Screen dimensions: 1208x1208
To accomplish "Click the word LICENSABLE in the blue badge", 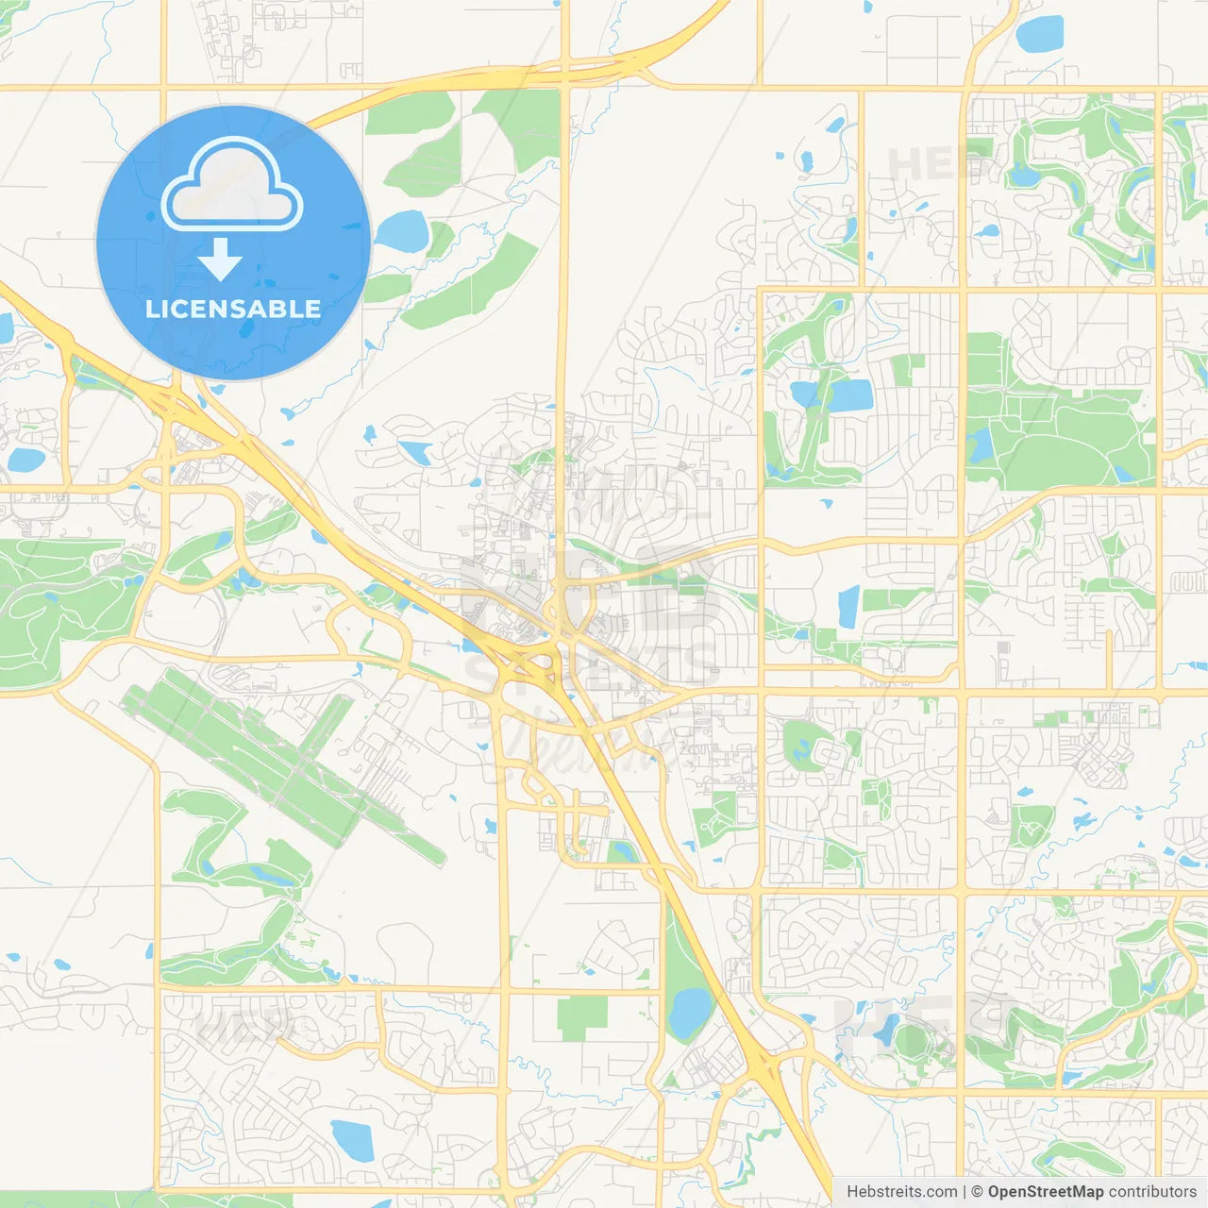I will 233,309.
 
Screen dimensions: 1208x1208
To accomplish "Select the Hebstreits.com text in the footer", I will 901,1192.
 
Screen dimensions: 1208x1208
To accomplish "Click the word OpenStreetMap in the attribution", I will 1045,1192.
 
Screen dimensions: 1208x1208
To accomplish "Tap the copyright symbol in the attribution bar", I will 977,1192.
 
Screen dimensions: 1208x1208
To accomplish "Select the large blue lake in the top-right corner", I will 1039,34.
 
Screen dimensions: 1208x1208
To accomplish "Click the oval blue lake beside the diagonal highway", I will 688,1011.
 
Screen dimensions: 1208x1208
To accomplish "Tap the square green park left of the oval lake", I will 582,1018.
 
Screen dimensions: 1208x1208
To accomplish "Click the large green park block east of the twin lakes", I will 1066,434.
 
